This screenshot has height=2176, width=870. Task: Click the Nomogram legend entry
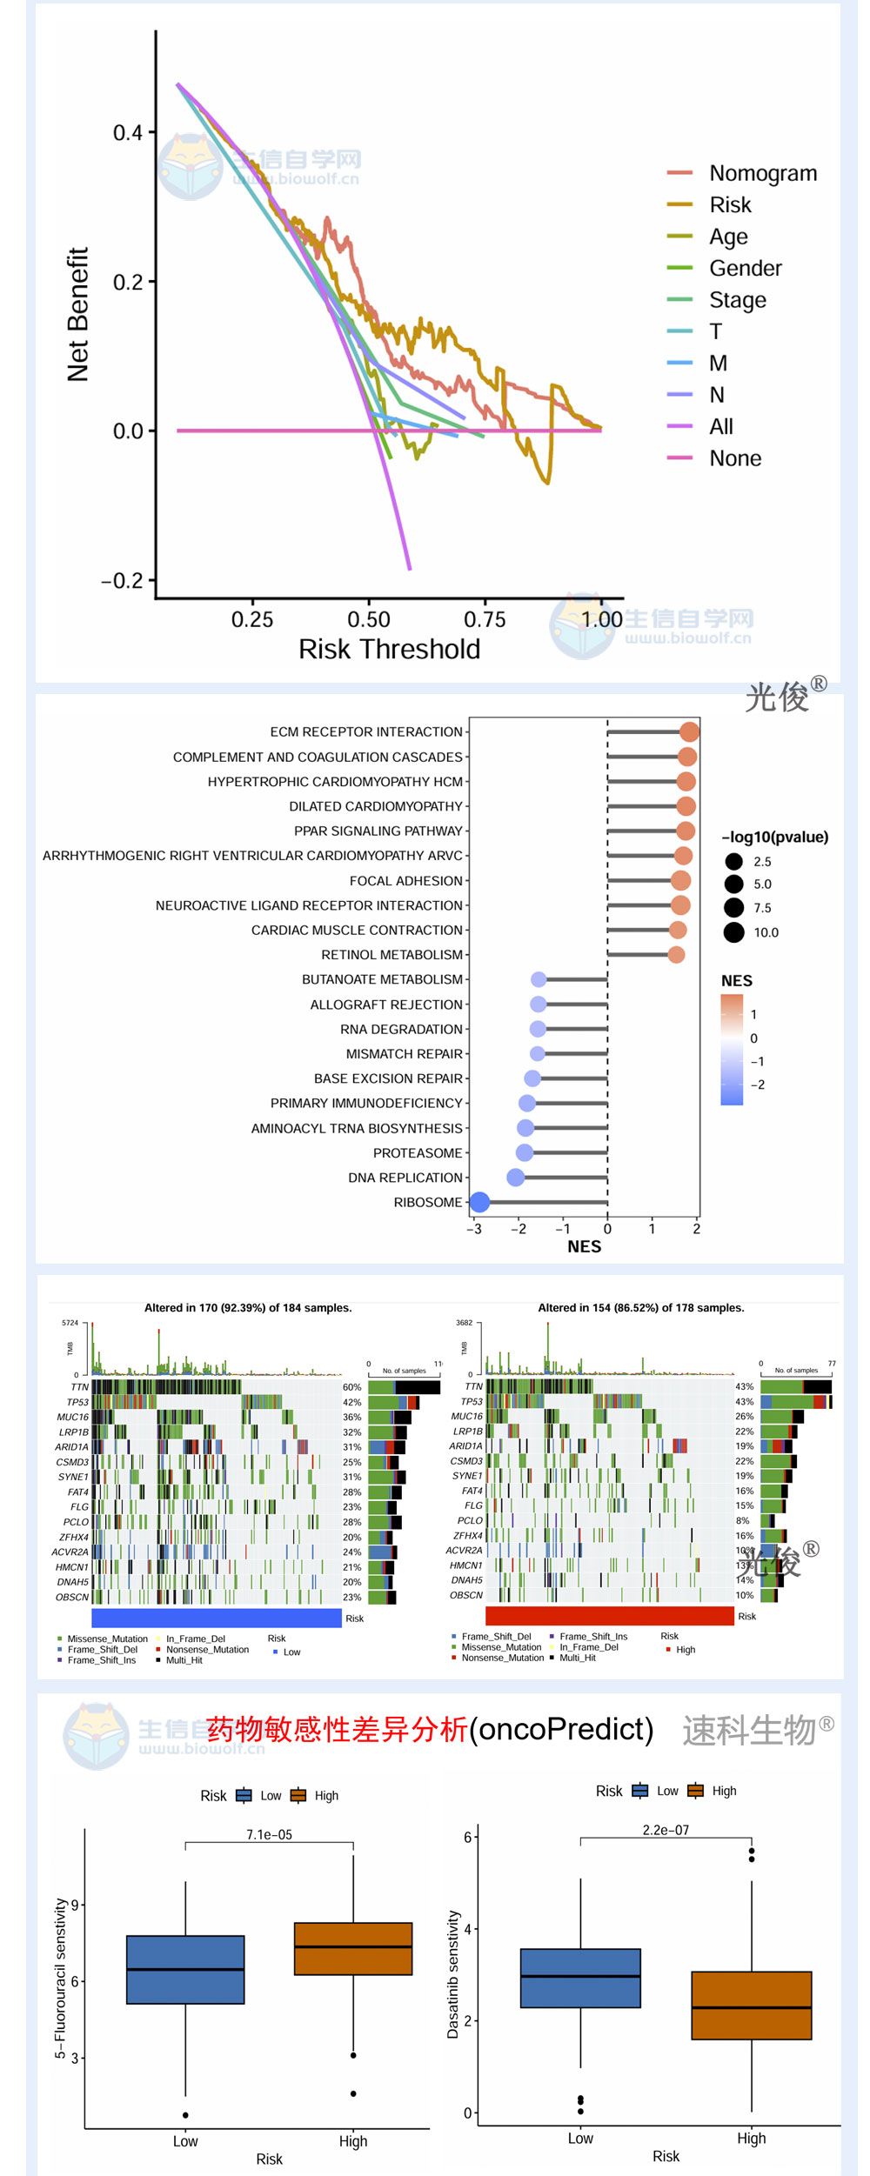[x=762, y=173]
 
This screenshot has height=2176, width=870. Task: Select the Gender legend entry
[x=745, y=268]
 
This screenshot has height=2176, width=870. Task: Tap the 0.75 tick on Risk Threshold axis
[x=485, y=619]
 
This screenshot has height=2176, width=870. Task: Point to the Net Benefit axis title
[x=77, y=314]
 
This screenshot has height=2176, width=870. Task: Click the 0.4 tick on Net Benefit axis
[x=128, y=133]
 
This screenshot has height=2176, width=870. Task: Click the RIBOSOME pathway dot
[x=479, y=1202]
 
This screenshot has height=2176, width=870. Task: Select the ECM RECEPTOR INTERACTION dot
[x=689, y=731]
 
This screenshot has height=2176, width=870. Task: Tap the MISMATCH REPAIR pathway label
[x=404, y=1053]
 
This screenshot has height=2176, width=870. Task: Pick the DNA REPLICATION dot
[x=516, y=1178]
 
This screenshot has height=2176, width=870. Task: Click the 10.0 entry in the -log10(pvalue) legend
[x=766, y=932]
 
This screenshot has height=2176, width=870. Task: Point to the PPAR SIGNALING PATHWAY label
[x=378, y=831]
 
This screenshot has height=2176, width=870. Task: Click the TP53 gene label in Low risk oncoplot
[x=77, y=1402]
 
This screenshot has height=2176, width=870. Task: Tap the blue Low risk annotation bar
[x=216, y=1618]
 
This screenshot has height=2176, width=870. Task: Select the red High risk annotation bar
[x=609, y=1615]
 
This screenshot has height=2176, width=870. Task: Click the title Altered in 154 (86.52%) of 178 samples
[x=640, y=1307]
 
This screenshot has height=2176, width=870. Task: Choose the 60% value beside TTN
[x=351, y=1387]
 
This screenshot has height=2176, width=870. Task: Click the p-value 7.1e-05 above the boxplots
[x=269, y=1834]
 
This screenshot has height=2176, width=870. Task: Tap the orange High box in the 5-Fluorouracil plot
[x=352, y=1948]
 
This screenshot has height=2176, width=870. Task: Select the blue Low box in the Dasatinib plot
[x=580, y=1977]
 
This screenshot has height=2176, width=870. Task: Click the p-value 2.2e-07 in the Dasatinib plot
[x=666, y=1830]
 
